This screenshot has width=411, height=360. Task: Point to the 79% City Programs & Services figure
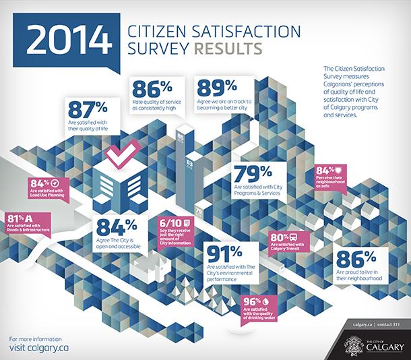[x=253, y=172]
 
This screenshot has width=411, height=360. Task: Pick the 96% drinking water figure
[x=252, y=301]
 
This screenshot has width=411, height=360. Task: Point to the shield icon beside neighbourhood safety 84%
[x=339, y=171]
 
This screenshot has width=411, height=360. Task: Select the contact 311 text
[x=390, y=326]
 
